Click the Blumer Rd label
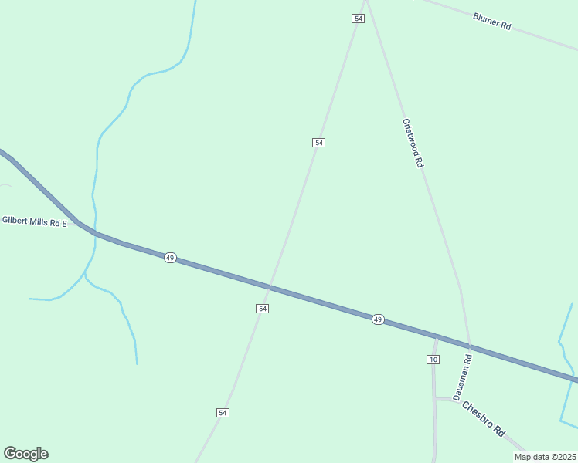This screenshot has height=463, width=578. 492,21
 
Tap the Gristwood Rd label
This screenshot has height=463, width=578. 413,143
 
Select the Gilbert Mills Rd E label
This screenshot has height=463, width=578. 35,221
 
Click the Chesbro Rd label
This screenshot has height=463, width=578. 483,419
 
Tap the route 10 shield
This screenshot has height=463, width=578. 433,360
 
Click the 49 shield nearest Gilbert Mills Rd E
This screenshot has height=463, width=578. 170,257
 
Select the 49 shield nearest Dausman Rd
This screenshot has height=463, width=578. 377,319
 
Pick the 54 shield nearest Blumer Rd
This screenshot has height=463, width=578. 357,19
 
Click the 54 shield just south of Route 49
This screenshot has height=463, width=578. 263,308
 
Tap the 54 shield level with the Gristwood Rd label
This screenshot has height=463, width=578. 318,143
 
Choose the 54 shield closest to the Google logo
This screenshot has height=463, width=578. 223,413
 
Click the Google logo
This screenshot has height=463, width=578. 25,454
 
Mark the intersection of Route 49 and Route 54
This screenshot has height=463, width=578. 269,286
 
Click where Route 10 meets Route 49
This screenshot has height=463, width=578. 437,336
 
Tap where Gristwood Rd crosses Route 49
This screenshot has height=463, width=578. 468,346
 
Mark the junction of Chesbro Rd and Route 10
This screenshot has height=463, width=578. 434,398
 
